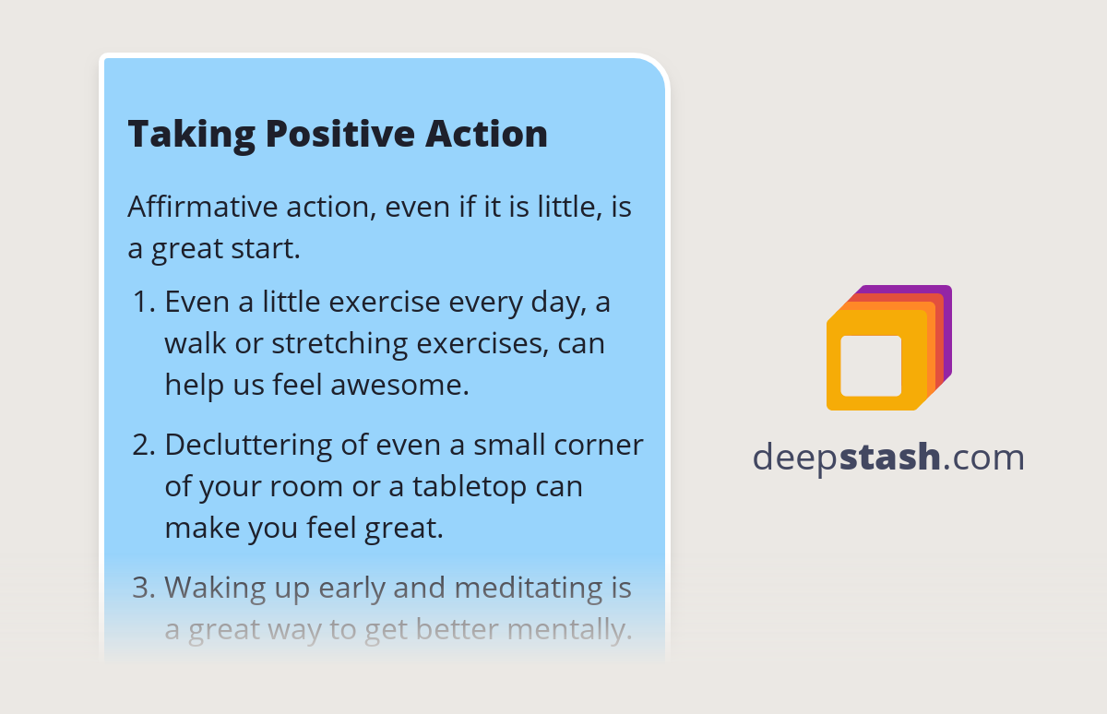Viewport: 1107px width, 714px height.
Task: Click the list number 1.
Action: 142,303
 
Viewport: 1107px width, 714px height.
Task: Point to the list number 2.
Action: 142,445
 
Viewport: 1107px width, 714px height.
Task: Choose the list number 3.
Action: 142,588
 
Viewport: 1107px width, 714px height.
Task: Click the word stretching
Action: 339,344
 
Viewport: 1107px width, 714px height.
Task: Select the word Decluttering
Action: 248,445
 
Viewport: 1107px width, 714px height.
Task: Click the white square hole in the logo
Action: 871,365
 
